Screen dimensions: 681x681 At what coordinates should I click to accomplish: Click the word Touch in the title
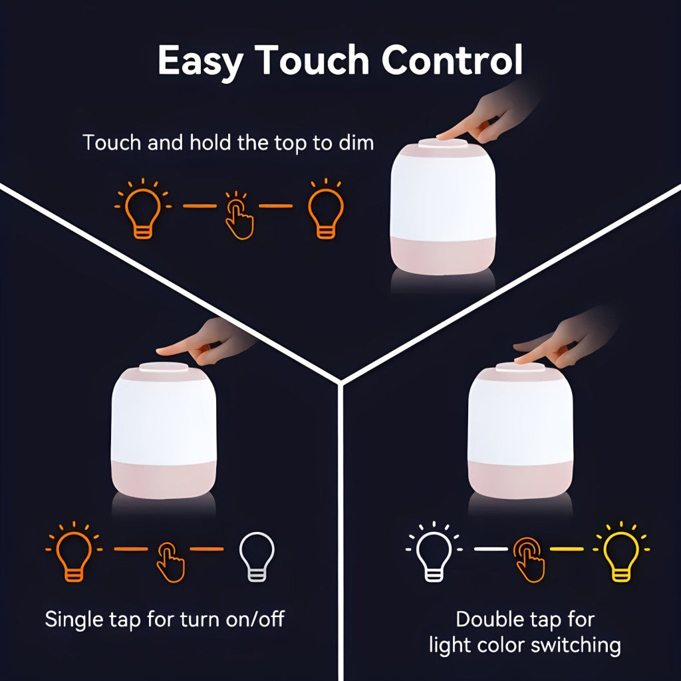click(x=312, y=61)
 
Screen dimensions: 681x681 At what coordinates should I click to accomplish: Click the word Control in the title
click(x=452, y=61)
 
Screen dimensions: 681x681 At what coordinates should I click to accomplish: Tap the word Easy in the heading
click(x=200, y=63)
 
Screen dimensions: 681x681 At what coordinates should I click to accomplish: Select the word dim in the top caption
click(x=356, y=142)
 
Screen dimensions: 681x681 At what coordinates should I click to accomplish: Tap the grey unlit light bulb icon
click(x=257, y=557)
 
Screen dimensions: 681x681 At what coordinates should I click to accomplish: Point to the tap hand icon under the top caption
click(x=238, y=215)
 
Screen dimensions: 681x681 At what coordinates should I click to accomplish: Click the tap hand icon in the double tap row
click(x=529, y=559)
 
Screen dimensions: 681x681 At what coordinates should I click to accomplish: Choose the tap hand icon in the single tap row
click(x=170, y=562)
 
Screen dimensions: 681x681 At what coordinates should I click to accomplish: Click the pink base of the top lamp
click(x=442, y=256)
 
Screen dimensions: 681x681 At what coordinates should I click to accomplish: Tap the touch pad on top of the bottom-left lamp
click(x=164, y=367)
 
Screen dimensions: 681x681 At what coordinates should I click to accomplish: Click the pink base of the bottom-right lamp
click(x=520, y=480)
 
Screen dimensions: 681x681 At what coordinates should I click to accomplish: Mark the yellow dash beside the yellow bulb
click(x=567, y=549)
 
